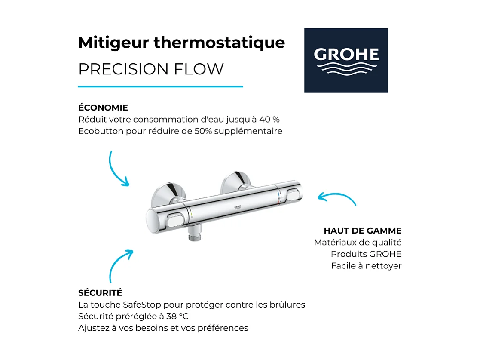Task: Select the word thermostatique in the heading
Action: tap(219, 43)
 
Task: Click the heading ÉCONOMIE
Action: tap(103, 108)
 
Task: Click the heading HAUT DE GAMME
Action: tap(363, 231)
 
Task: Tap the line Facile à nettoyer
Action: tap(366, 266)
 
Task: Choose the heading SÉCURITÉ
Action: tap(100, 293)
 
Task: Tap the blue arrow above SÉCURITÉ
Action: tap(119, 265)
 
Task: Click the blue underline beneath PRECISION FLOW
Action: tap(160, 86)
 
